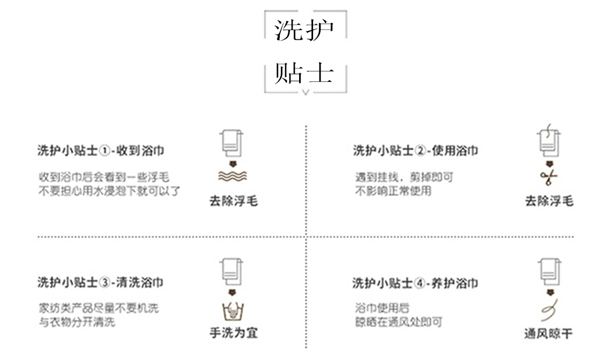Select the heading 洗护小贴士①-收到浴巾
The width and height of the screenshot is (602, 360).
pos(101,151)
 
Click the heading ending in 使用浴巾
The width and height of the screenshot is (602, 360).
pos(415,151)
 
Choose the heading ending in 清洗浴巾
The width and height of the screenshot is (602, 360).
pos(101,283)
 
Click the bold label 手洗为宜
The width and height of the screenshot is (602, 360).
pos(233,333)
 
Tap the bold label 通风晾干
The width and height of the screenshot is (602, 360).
pos(549,334)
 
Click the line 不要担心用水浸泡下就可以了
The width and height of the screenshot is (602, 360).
pos(109,191)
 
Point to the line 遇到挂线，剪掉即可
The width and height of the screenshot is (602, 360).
pos(403,177)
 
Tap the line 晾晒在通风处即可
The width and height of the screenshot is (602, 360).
pos(399,322)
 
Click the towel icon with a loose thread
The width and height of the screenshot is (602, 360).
pos(548,143)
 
